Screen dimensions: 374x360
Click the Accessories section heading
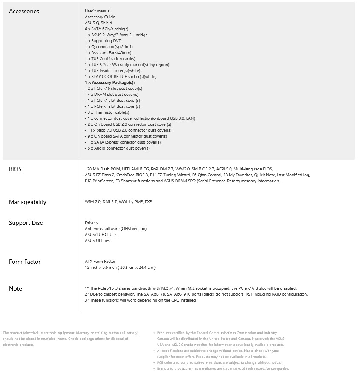tap(24, 12)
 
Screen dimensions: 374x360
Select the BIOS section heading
tap(15, 169)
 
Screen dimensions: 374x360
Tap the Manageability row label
tap(27, 202)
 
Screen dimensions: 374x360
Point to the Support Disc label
tap(26, 223)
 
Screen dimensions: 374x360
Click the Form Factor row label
tap(25, 262)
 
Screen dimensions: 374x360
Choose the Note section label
tap(15, 288)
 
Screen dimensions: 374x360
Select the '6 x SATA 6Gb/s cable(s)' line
tap(107, 29)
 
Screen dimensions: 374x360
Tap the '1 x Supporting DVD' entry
tap(103, 41)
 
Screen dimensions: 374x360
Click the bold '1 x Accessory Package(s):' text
tap(110, 83)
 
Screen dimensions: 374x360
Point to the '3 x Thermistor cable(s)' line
tap(107, 112)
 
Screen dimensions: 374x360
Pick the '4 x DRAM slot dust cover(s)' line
tap(111, 95)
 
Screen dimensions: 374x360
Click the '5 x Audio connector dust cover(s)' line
tap(117, 148)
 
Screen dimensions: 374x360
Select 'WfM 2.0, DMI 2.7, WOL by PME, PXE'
tap(118, 202)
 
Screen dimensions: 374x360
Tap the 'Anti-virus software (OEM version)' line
tap(115, 229)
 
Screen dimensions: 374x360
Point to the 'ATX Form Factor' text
tap(100, 262)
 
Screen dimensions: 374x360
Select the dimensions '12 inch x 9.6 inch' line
tap(120, 268)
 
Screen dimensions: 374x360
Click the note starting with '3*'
tap(141, 300)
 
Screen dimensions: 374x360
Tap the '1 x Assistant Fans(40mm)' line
tap(108, 53)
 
